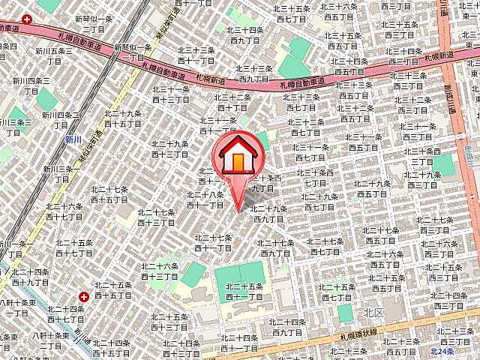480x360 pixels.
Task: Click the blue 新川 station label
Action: tap(73, 139)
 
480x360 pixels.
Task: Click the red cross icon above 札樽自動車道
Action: tap(27, 19)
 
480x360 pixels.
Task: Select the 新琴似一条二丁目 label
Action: tap(94, 23)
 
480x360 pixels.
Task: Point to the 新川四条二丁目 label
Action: tap(61, 120)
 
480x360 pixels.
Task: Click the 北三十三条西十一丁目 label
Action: tap(196, 55)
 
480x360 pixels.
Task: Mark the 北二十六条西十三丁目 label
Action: tap(159, 271)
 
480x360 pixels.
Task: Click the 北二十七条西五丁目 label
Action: tap(381, 235)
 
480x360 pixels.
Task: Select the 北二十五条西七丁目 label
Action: tap(336, 292)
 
